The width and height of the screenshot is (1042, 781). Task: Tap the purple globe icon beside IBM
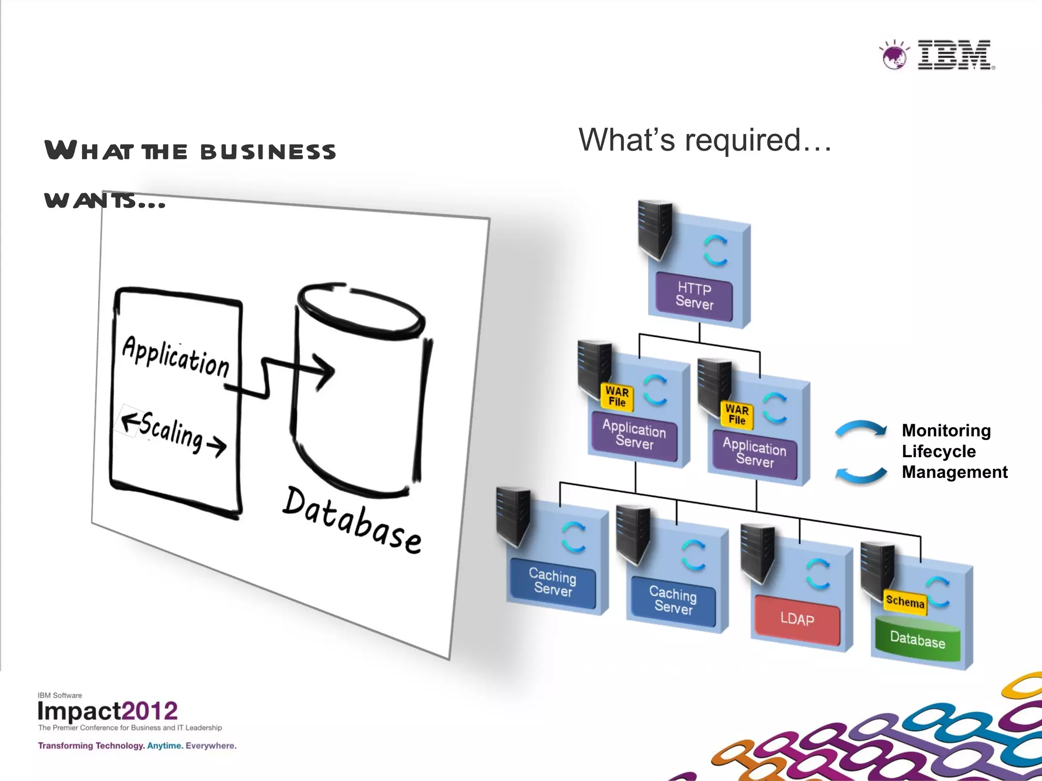point(894,55)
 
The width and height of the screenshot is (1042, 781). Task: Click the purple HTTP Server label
point(694,296)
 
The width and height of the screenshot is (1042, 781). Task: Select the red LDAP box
point(797,619)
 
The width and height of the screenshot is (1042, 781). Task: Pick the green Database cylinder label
point(917,639)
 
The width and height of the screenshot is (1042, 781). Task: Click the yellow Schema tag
point(905,602)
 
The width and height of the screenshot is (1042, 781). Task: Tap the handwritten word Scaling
point(171,431)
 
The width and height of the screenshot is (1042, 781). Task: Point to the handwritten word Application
point(176,356)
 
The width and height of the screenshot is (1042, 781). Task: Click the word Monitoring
point(946,431)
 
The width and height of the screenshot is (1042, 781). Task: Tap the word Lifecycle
point(939,452)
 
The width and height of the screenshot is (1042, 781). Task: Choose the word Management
point(954,472)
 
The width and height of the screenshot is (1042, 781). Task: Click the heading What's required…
point(705,140)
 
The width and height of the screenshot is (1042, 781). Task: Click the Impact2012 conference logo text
point(107,711)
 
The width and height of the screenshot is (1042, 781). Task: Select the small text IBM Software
point(60,695)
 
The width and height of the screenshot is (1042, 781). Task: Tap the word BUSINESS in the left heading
point(268,152)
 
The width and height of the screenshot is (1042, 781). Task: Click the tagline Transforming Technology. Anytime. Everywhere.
point(137,746)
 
